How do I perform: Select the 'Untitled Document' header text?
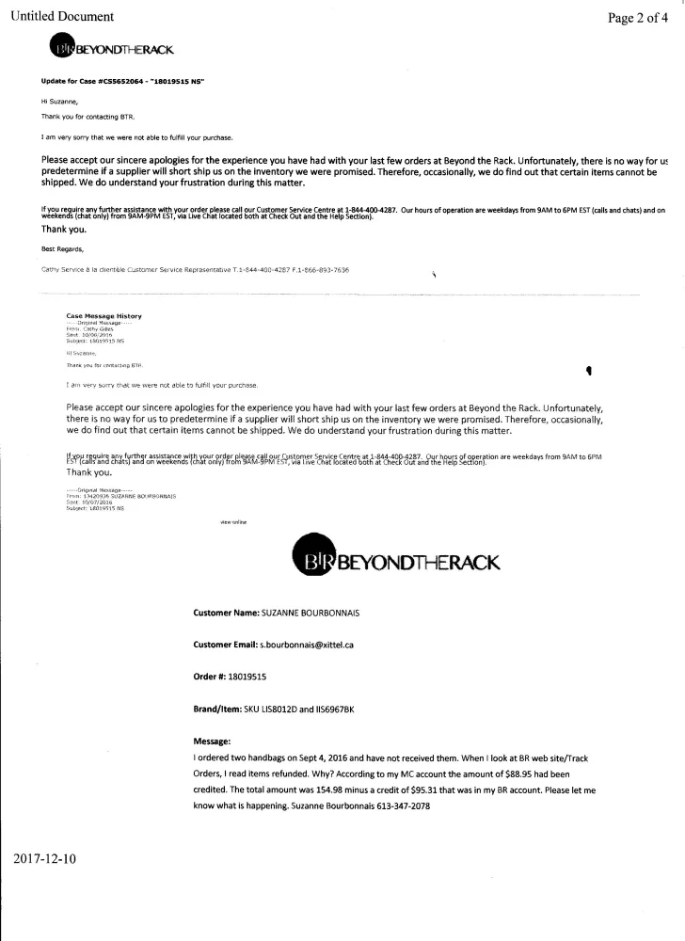62,16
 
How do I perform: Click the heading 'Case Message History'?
104,316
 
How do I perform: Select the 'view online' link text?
233,520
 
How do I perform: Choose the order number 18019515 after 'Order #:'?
247,677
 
